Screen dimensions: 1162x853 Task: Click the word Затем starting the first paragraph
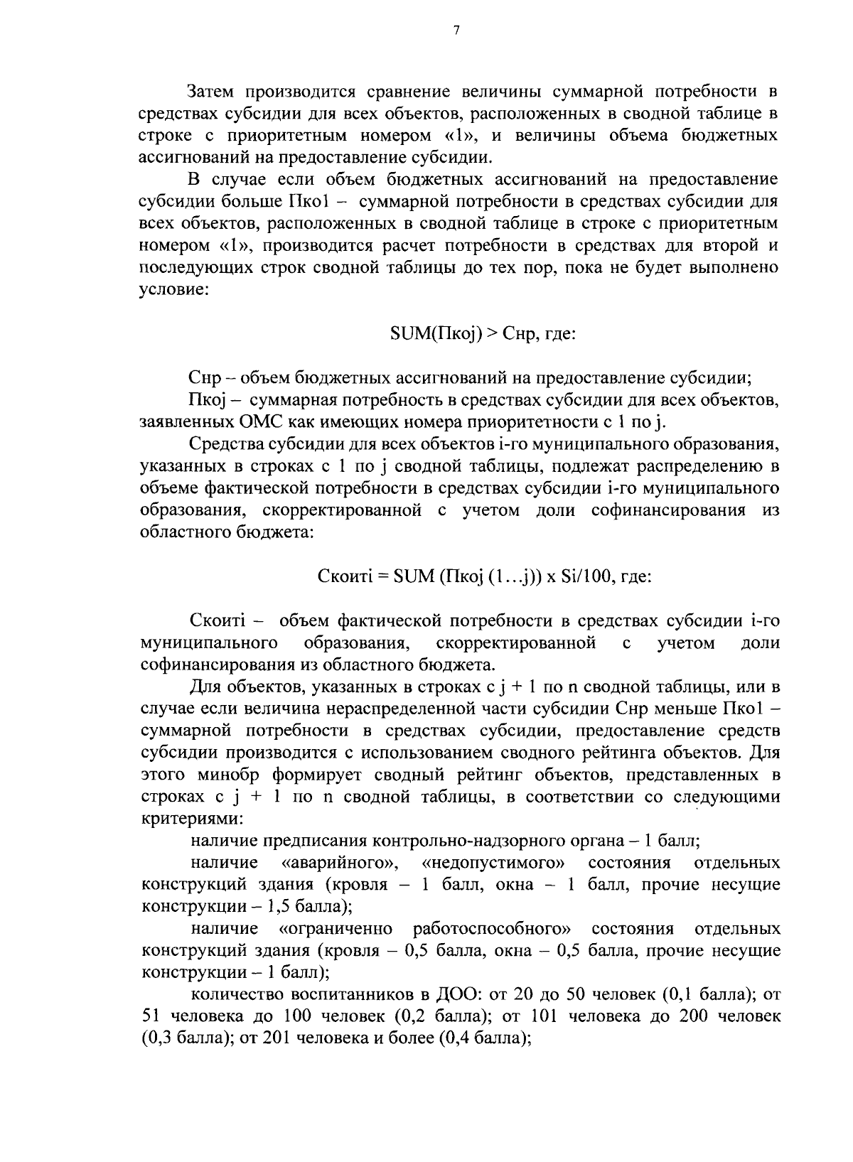click(213, 91)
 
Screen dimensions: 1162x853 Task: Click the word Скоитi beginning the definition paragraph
click(217, 620)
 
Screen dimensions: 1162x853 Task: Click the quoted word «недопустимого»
click(494, 863)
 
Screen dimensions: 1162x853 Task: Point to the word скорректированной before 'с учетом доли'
click(516, 643)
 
